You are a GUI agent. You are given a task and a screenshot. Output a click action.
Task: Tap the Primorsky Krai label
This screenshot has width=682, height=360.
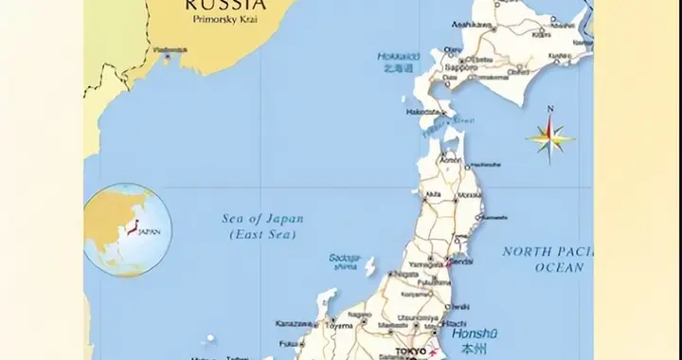226,18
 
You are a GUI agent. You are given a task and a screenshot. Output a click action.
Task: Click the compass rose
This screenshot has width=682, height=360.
550,138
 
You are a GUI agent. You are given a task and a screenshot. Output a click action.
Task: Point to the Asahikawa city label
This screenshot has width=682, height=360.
472,25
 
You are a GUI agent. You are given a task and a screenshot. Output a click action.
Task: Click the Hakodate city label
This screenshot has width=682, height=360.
422,112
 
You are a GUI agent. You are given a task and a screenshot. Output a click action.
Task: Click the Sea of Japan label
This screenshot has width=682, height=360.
262,219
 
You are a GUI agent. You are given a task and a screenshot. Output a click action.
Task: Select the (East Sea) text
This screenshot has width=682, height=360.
262,233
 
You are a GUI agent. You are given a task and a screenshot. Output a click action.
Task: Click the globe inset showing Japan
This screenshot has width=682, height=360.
120,229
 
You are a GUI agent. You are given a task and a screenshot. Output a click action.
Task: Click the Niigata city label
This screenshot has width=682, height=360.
404,274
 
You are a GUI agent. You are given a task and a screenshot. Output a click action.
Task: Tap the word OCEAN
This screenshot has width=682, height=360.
559,268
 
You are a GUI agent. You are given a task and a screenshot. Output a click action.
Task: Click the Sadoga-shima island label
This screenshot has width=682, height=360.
345,261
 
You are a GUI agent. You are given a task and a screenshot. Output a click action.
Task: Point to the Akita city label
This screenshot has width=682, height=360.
433,195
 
